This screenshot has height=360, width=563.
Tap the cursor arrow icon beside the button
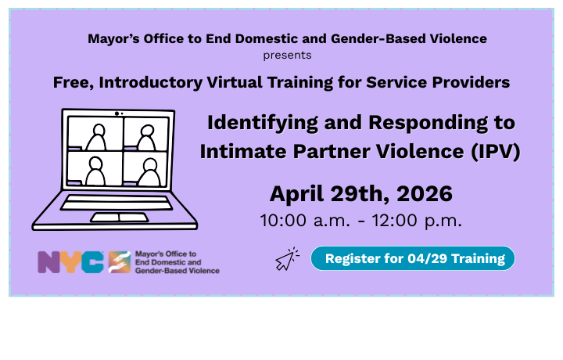[287, 259]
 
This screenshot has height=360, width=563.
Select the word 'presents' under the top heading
[287, 56]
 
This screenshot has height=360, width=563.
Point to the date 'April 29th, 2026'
[360, 193]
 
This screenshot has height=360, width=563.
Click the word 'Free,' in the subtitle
[73, 81]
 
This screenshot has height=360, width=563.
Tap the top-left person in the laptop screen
[96, 138]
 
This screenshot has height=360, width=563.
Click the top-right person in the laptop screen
[145, 138]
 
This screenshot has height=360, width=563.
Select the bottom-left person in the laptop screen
[95, 171]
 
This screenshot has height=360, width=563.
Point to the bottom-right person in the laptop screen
[145, 171]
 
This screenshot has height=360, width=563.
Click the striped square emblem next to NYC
[120, 262]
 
